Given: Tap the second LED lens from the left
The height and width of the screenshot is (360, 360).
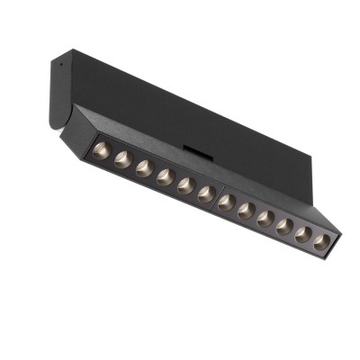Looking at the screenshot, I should pyautogui.click(x=121, y=160).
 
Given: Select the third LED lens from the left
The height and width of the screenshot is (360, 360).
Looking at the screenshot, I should pyautogui.click(x=142, y=168).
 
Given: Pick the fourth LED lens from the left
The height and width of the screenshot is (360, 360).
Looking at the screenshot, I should pyautogui.click(x=164, y=177).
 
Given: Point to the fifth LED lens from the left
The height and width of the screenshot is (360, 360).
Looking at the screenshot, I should pyautogui.click(x=184, y=185).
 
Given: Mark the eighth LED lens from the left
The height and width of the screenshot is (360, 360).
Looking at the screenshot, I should pyautogui.click(x=246, y=209).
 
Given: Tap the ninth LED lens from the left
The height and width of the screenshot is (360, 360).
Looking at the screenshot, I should pyautogui.click(x=265, y=217).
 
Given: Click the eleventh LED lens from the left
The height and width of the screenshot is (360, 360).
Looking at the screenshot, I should pyautogui.click(x=302, y=232).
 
